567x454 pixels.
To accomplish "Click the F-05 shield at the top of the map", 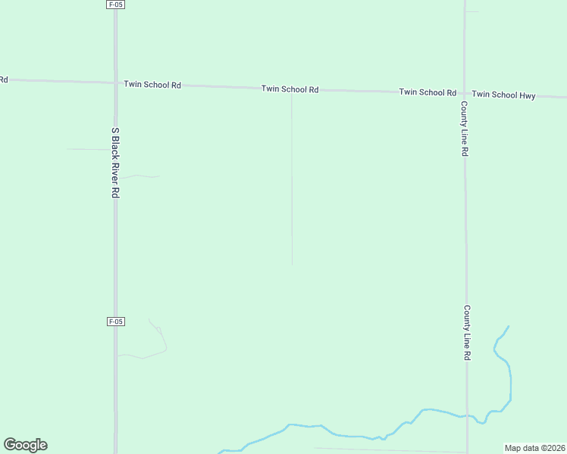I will click(x=115, y=5).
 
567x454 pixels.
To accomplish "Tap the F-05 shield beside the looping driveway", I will click(x=115, y=322).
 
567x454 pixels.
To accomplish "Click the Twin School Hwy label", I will click(x=503, y=95).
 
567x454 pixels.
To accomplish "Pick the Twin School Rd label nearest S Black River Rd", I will click(x=152, y=85).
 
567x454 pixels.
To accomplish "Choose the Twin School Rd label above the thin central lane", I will click(x=290, y=89).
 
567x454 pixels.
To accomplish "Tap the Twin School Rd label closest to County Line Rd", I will click(x=428, y=92).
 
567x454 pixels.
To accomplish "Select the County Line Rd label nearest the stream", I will click(x=467, y=333).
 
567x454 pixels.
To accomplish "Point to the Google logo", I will click(x=25, y=445).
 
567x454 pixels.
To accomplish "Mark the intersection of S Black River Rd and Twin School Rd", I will click(x=115, y=82).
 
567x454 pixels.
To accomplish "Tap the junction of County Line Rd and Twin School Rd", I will click(x=465, y=93).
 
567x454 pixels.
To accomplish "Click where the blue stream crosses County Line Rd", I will click(x=467, y=416).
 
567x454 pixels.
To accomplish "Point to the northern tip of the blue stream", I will click(x=508, y=327).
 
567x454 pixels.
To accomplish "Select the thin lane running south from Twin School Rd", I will click(x=292, y=182).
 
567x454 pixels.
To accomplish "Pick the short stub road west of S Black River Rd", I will click(x=89, y=150).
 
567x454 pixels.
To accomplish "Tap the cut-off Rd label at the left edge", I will click(x=3, y=79).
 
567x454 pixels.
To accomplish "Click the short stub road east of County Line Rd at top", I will click(x=472, y=11).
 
